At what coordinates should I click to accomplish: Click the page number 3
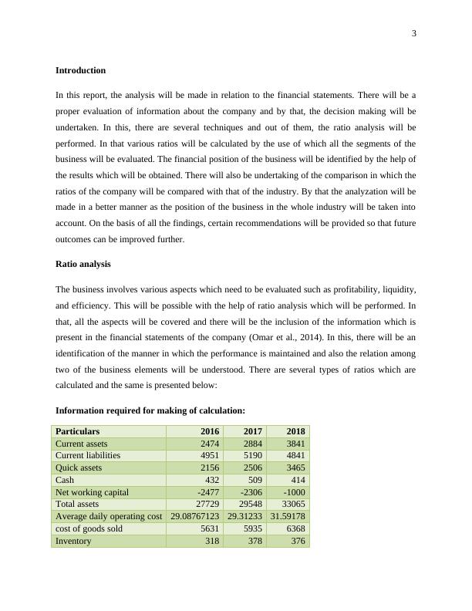(413, 33)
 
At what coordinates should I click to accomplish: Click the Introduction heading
(80, 70)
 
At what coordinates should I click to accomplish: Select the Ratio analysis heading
(83, 264)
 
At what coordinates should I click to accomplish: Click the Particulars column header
(77, 431)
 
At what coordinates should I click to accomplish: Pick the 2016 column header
(210, 431)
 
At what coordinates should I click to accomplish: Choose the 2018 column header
(295, 431)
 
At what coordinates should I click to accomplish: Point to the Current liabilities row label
(86, 456)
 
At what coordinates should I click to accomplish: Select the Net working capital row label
(92, 492)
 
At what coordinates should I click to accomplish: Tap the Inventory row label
(73, 541)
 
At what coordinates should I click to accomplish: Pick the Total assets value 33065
(293, 504)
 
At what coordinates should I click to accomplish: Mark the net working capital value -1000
(294, 492)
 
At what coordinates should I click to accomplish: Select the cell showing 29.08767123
(195, 516)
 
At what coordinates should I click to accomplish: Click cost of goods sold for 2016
(209, 528)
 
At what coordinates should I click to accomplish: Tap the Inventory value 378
(254, 541)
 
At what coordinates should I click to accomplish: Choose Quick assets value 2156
(209, 468)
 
